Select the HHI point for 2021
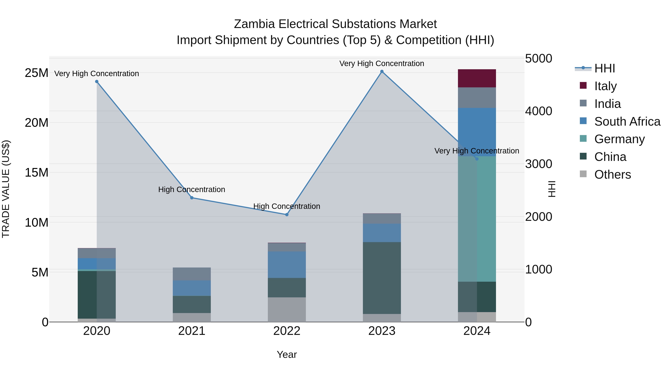click(x=192, y=198)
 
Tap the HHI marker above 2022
click(x=287, y=215)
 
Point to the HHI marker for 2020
click(x=97, y=82)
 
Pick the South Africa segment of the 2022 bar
click(x=287, y=265)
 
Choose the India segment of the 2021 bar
click(x=192, y=274)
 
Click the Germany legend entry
click(x=619, y=139)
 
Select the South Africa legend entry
click(x=627, y=122)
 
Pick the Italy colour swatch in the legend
click(x=583, y=85)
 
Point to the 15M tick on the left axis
click(x=37, y=173)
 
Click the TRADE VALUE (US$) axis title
click(x=6, y=189)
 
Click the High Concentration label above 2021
click(x=192, y=189)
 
